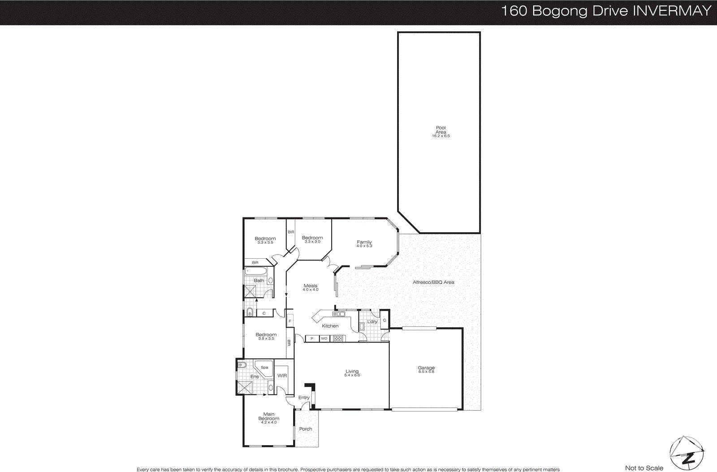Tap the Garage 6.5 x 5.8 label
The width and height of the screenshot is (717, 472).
(426, 369)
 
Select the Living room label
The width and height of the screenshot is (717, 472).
(352, 372)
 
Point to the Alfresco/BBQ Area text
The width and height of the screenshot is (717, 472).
(433, 282)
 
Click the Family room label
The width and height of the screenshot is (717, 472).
(364, 243)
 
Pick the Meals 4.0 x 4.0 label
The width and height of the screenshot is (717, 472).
(310, 287)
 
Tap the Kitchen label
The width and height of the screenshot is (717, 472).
(330, 326)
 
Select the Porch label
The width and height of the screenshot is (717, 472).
(306, 429)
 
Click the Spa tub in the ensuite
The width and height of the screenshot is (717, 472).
(264, 368)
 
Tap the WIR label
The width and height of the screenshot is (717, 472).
(282, 376)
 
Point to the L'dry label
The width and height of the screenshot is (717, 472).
(372, 321)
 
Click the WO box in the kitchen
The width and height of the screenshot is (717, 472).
(324, 338)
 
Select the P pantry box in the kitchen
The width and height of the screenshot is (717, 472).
(312, 338)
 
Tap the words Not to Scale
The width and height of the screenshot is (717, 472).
(644, 468)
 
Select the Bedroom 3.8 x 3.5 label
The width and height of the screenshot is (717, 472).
(266, 336)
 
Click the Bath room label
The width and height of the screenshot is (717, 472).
(259, 281)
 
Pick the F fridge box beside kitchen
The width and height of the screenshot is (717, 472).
(289, 321)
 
